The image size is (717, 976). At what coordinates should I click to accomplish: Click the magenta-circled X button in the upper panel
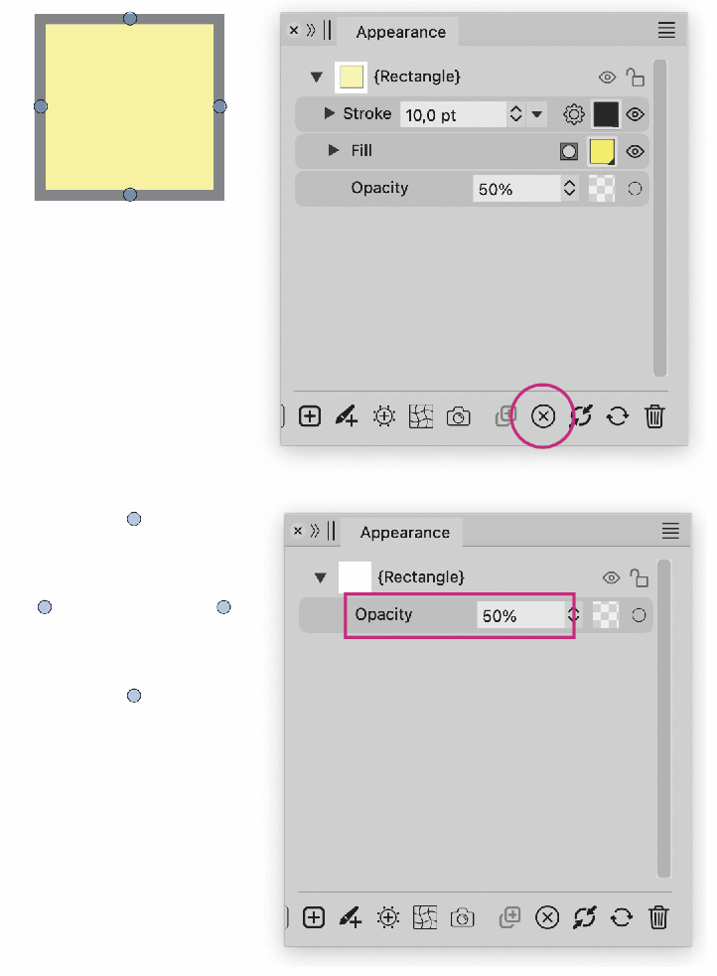543,415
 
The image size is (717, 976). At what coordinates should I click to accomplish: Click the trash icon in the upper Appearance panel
654,415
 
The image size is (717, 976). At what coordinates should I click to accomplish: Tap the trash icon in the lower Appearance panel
658,917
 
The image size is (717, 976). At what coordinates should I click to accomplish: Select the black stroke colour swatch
606,114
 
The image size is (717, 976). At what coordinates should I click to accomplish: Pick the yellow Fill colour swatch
602,152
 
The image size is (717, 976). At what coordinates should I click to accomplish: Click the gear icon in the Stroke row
573,114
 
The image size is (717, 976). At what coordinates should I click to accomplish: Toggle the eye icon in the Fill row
635,152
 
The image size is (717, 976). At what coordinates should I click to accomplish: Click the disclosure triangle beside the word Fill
334,151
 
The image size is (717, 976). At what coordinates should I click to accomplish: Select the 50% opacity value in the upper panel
496,189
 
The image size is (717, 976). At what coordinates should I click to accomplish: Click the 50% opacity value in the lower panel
500,616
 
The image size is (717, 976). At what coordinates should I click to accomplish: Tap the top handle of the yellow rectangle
130,19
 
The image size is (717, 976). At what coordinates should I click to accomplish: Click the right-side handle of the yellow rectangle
219,106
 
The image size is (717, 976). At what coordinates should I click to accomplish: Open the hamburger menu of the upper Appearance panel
666,30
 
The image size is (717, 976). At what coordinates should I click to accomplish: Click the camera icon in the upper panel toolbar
459,415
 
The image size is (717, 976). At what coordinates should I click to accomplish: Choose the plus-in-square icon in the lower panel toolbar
314,917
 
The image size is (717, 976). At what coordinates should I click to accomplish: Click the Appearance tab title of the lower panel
405,533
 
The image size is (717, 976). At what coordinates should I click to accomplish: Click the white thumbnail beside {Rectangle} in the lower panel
355,577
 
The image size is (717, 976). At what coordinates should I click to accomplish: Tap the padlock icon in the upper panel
635,78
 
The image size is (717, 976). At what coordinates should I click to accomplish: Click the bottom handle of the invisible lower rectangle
134,696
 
